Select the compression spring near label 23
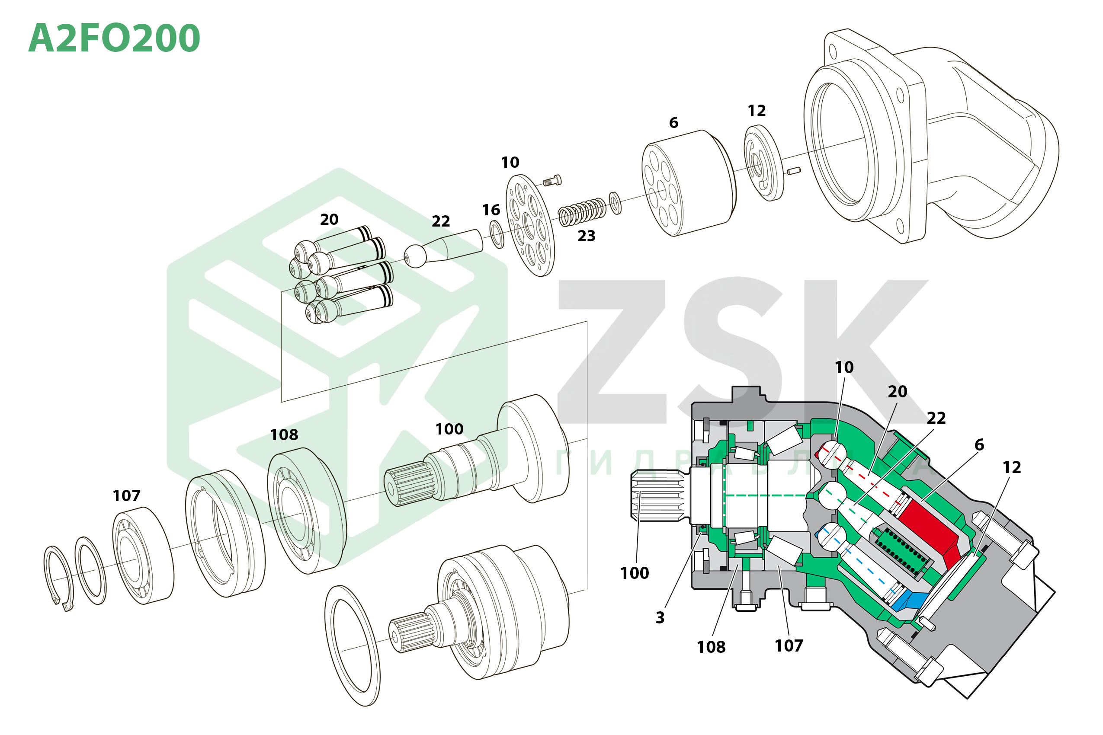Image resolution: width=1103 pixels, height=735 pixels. [x=582, y=212]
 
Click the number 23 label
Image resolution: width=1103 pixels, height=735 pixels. [x=586, y=236]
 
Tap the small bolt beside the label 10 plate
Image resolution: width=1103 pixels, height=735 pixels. [x=552, y=180]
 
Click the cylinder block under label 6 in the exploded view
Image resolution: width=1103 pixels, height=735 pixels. [x=688, y=183]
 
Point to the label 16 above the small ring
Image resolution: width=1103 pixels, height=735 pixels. [x=491, y=210]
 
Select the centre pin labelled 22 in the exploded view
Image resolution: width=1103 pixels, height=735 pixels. [x=443, y=249]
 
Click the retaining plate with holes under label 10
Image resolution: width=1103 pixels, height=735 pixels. [x=530, y=225]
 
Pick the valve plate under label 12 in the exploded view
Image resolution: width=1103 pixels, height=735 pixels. [x=763, y=163]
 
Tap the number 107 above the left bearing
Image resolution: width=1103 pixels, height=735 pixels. [x=126, y=495]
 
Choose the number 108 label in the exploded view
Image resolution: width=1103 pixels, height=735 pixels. [x=284, y=435]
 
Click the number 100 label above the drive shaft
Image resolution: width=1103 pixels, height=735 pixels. [x=449, y=429]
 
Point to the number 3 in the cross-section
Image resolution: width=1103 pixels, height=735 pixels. [x=660, y=618]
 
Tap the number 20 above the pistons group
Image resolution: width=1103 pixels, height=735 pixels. [x=329, y=219]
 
